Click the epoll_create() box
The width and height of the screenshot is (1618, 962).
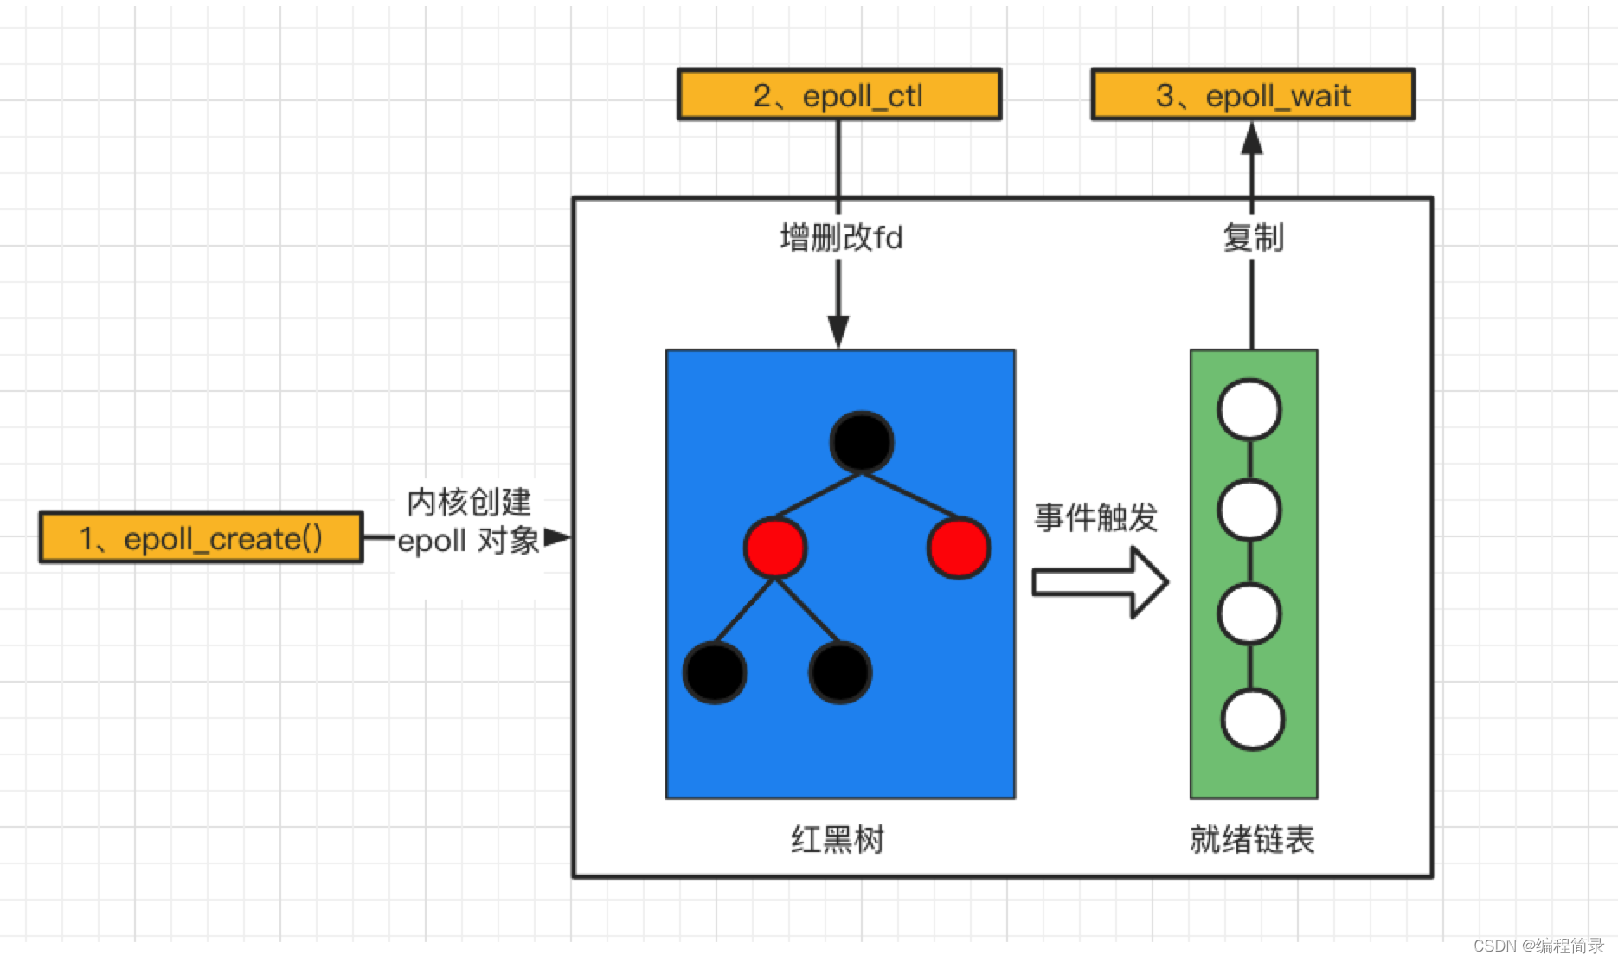tap(201, 537)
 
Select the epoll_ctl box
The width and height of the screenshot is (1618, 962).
tap(839, 94)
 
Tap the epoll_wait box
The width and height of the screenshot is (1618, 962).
tap(1252, 94)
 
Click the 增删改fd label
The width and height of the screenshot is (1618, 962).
tap(841, 237)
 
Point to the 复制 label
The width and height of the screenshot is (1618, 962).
tap(1253, 237)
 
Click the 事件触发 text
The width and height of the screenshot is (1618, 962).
tap(1095, 517)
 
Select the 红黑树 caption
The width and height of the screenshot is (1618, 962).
tap(838, 839)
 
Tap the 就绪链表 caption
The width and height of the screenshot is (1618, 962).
tap(1252, 839)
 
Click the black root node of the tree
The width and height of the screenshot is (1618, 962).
tap(862, 442)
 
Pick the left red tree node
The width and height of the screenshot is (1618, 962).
tap(775, 548)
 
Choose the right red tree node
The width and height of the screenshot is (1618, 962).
tap(959, 548)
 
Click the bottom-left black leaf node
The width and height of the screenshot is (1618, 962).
tap(715, 672)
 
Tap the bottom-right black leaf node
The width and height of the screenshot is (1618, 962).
tap(840, 672)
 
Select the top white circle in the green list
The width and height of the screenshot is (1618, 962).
tap(1249, 409)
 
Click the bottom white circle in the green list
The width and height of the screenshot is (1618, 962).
tap(1252, 719)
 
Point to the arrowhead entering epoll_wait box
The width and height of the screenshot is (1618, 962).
tap(1252, 138)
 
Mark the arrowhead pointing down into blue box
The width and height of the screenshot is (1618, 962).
tap(838, 330)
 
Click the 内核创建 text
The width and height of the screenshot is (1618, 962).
tap(469, 502)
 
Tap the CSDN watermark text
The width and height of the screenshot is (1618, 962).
tap(1538, 946)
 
